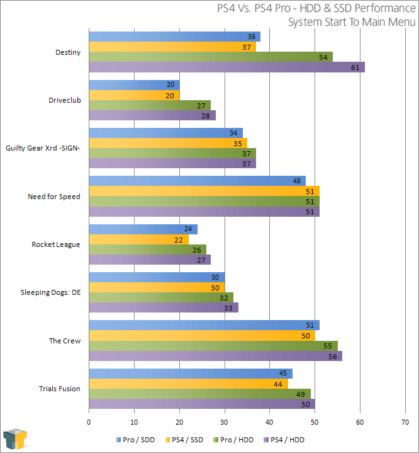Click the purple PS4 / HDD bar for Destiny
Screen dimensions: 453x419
pyautogui.click(x=226, y=67)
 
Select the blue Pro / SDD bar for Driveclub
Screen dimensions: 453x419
pyautogui.click(x=134, y=85)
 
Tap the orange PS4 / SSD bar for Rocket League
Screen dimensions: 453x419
pyautogui.click(x=138, y=240)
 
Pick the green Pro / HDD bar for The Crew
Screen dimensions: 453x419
pyautogui.click(x=213, y=346)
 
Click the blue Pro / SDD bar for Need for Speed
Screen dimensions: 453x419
pyautogui.click(x=197, y=181)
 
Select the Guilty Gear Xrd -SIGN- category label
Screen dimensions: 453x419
pyautogui.click(x=43, y=148)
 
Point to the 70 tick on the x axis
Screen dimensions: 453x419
pyautogui.click(x=405, y=421)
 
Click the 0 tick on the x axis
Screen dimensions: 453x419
pyautogui.click(x=89, y=421)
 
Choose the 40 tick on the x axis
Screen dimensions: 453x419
pyautogui.click(x=269, y=421)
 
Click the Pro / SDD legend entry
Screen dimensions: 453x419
pyautogui.click(x=137, y=439)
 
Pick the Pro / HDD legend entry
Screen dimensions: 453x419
pyautogui.click(x=236, y=439)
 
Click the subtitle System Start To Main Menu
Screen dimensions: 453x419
pyautogui.click(x=352, y=22)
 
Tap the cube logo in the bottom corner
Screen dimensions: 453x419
pyautogui.click(x=15, y=440)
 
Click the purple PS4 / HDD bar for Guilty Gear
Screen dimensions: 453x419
pyautogui.click(x=172, y=164)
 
